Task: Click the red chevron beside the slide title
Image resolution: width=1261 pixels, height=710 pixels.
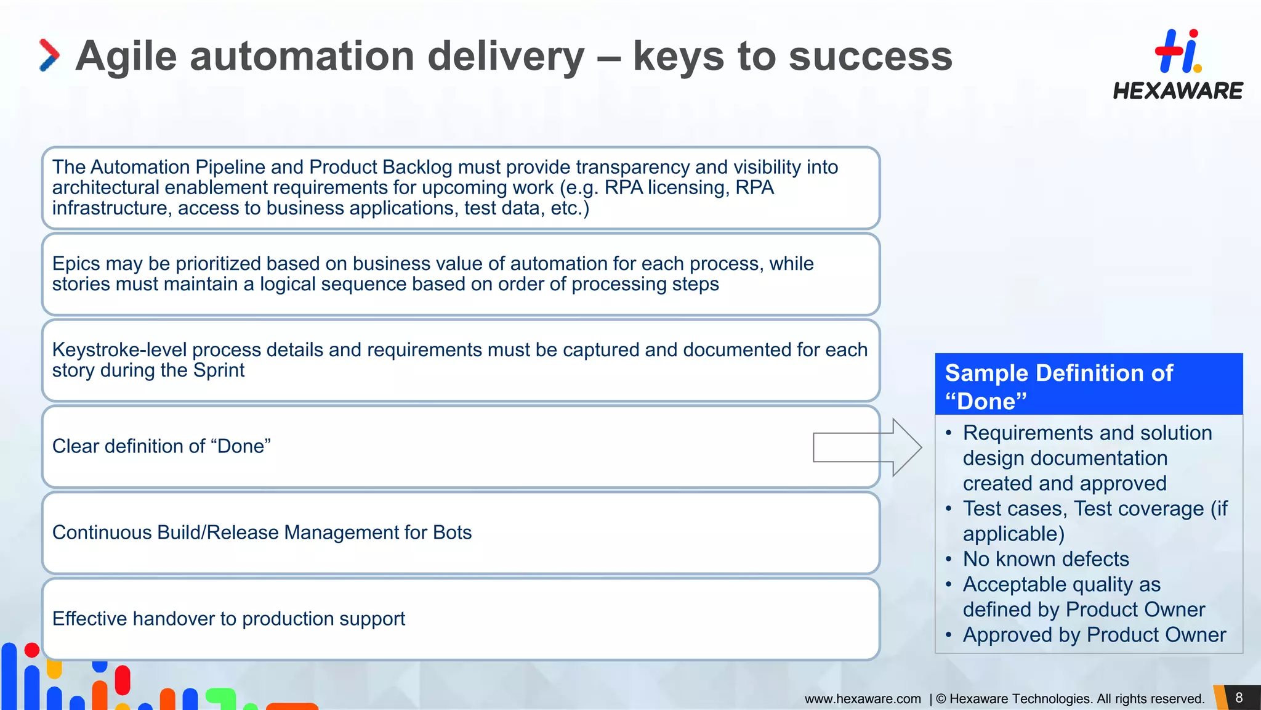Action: pos(49,55)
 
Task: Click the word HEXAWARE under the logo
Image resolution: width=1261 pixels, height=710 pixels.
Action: pos(1178,91)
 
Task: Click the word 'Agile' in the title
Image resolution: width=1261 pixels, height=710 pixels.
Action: pos(126,56)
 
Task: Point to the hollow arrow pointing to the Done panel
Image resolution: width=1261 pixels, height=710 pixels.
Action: pos(867,447)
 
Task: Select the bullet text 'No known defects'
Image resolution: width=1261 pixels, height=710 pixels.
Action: pos(1045,559)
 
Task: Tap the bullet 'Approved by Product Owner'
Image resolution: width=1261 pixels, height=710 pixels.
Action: pos(1094,635)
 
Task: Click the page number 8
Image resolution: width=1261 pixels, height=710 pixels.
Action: pos(1239,698)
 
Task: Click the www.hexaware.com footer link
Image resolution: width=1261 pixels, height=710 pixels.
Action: pos(863,699)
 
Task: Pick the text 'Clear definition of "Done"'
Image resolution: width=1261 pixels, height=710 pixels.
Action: pos(161,446)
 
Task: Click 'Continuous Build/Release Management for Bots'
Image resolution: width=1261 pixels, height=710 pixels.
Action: pos(262,532)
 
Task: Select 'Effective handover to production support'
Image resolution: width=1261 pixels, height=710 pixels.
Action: pos(228,619)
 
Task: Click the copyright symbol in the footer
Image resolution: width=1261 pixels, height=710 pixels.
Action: pos(941,699)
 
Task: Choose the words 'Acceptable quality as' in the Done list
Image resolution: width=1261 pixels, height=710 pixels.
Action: pos(1062,584)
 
